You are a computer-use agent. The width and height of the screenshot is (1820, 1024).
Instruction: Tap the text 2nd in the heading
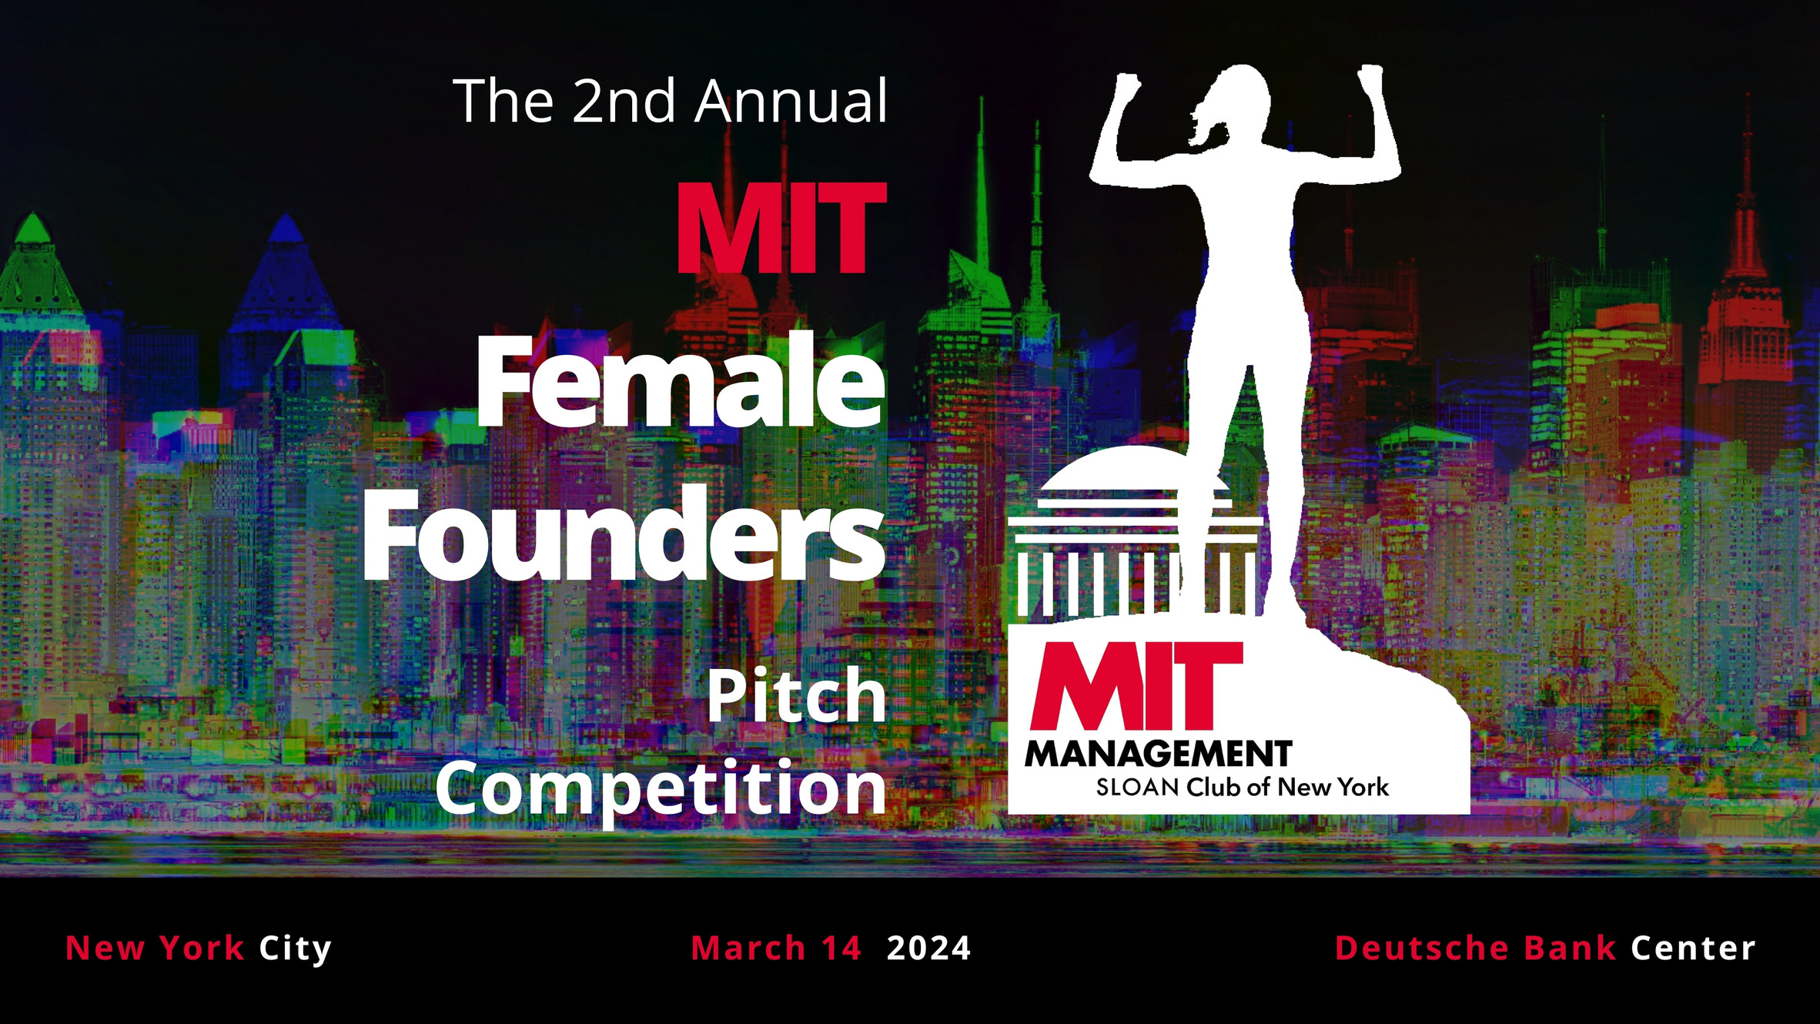(624, 102)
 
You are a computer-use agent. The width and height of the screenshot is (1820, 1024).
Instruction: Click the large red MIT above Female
(781, 229)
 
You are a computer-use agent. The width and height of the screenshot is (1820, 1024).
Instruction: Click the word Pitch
(797, 697)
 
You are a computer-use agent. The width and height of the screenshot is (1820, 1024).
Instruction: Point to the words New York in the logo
(1333, 788)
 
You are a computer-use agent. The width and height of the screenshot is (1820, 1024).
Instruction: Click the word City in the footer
(295, 949)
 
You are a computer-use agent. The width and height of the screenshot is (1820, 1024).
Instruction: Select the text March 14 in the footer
(775, 949)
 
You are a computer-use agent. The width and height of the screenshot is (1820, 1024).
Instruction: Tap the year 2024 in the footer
(928, 949)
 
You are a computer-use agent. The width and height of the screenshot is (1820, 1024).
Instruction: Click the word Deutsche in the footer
(1421, 949)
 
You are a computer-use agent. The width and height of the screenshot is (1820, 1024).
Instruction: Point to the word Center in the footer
(1693, 949)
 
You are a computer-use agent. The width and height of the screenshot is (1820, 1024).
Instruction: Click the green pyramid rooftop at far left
(32, 231)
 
